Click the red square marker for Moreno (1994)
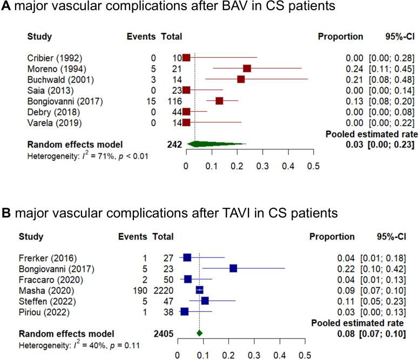(x=247, y=69)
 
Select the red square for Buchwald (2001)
(x=241, y=79)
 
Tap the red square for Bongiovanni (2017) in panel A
(x=219, y=101)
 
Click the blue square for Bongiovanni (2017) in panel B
(x=233, y=268)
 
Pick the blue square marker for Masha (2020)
(x=200, y=290)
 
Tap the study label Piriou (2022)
(x=43, y=311)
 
